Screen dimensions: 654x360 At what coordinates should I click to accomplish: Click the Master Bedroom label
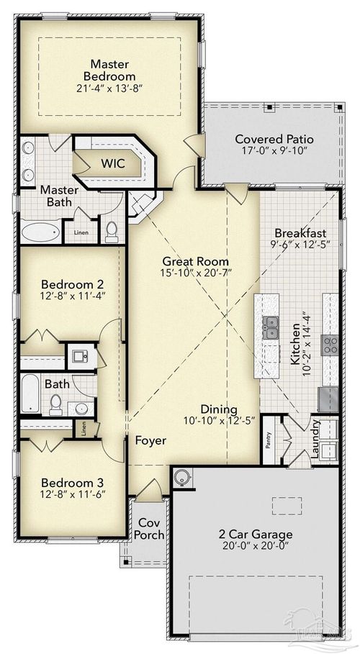tap(109, 69)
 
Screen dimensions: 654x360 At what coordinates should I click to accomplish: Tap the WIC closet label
tap(112, 163)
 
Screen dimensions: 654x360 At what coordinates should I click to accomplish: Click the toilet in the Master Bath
tap(112, 231)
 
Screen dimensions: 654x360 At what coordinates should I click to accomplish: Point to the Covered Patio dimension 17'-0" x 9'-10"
tap(270, 153)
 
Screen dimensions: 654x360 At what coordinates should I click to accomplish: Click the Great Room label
tap(195, 261)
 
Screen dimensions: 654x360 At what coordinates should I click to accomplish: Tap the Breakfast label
tap(301, 234)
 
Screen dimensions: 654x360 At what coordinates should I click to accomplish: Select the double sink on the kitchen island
tap(271, 327)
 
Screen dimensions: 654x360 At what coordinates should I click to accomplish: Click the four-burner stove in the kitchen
tap(330, 345)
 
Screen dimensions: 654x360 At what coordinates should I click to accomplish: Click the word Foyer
tap(150, 440)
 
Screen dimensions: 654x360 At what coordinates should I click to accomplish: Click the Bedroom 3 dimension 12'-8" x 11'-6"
tap(73, 494)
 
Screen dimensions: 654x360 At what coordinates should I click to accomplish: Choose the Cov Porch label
tap(151, 529)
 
